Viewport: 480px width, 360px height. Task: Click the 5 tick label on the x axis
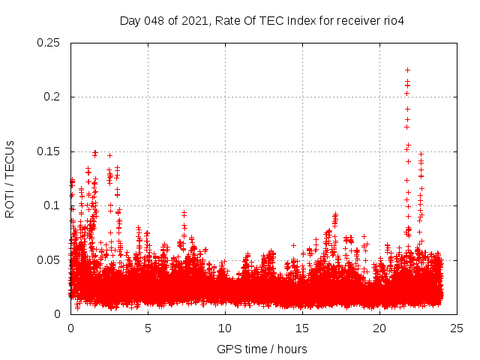coord(148,328)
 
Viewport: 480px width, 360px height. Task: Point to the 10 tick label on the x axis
coord(225,328)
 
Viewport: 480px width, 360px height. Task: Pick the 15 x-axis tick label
coord(302,328)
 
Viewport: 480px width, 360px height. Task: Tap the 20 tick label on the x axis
coord(379,328)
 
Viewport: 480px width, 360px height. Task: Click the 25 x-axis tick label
coord(457,328)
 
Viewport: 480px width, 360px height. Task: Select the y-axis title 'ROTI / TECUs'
coord(10,178)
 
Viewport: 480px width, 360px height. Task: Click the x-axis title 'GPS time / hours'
coord(262,349)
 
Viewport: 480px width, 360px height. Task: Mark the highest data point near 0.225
coord(407,70)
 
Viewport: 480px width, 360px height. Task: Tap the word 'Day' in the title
coord(130,20)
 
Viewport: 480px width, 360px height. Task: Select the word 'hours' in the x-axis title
coord(291,349)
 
